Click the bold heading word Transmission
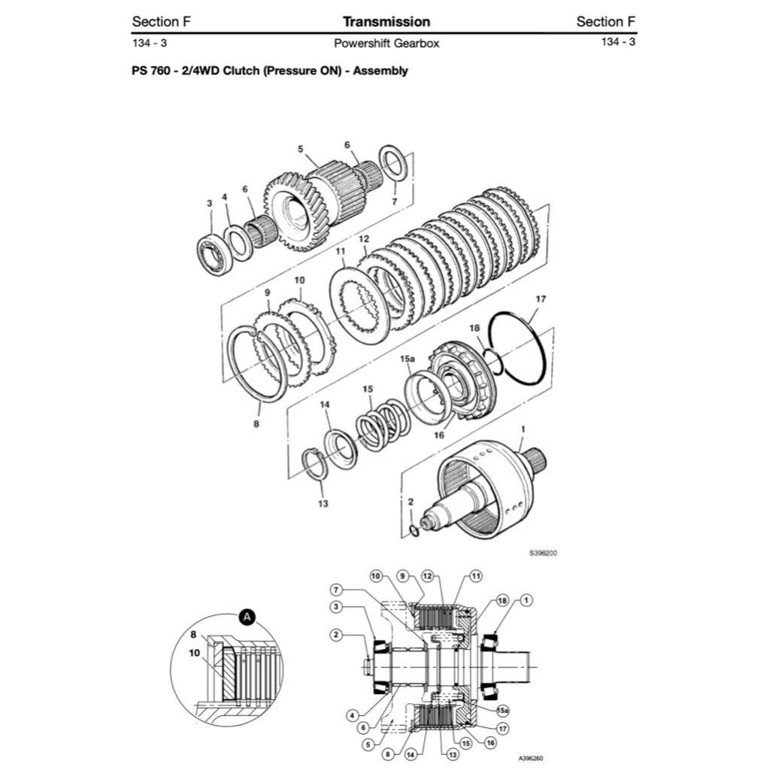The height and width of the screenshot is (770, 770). point(386,22)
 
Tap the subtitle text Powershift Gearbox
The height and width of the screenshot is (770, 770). point(386,43)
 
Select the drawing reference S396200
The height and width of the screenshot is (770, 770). point(543,553)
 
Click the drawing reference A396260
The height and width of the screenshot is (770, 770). point(531,758)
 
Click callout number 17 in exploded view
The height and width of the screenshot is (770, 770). point(540,299)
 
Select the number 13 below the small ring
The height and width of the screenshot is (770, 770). point(323,503)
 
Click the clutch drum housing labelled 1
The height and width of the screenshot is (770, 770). point(489,493)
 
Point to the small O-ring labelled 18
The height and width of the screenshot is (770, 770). point(489,360)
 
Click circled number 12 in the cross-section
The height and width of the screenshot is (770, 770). point(427,576)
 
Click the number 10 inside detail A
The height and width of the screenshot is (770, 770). point(195,653)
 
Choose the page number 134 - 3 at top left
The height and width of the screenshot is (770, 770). point(149,43)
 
